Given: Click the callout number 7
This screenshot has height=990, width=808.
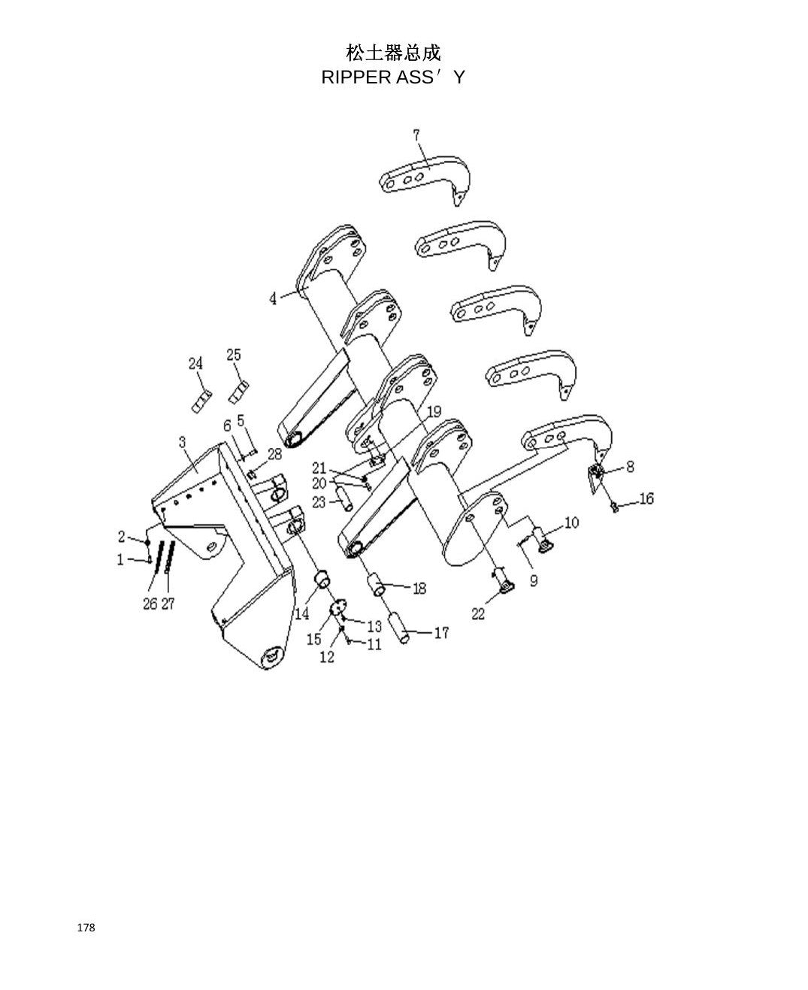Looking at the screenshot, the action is [416, 135].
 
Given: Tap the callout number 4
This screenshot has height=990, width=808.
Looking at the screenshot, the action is [274, 298].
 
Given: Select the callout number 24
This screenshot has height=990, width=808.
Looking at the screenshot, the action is [195, 363].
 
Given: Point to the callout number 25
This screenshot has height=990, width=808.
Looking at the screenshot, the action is [233, 354].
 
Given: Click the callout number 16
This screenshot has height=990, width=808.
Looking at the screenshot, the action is [646, 498].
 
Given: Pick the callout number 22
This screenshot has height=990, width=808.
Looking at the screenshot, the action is [478, 613].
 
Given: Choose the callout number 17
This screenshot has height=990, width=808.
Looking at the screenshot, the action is [441, 633].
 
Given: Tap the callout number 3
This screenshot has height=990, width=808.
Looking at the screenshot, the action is [182, 442].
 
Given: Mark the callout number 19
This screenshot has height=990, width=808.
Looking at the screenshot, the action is [434, 412].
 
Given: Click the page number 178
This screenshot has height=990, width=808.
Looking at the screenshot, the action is [86, 928].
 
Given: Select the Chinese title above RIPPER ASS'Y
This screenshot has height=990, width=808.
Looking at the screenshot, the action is [393, 53].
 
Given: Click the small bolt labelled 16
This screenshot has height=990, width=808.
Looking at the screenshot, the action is [615, 507].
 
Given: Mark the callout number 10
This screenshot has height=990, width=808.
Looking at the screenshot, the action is [571, 522].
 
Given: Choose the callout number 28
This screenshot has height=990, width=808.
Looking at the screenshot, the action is [274, 454].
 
